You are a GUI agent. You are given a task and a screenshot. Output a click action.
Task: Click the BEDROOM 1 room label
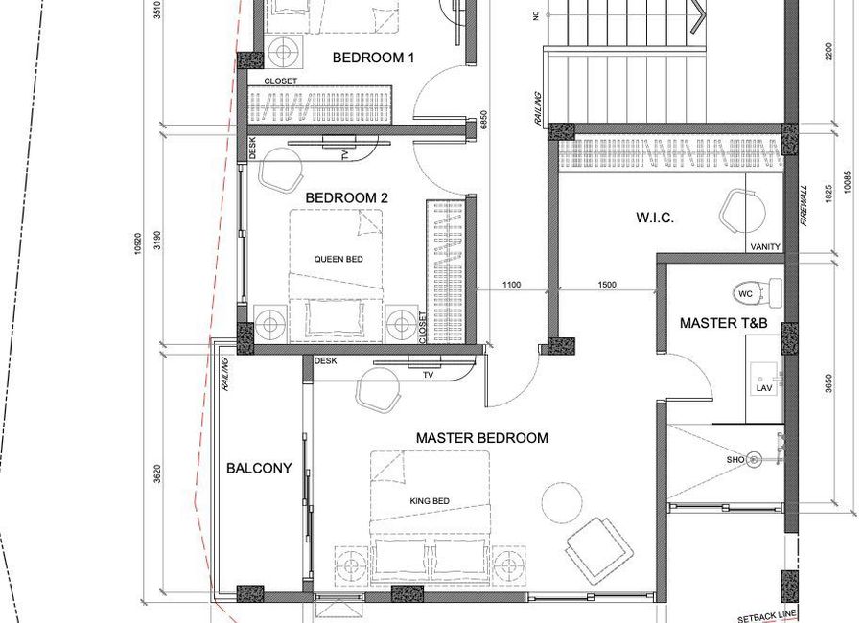coord(373,58)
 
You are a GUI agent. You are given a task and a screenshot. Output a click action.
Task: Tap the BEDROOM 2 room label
coord(347,197)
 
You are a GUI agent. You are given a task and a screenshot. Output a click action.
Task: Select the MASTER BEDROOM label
coord(482,438)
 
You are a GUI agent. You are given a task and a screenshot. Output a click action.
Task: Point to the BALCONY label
coord(259,469)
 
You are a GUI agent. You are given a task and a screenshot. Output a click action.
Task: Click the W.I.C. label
coord(655,218)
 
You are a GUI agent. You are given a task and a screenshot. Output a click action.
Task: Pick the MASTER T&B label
coord(723,323)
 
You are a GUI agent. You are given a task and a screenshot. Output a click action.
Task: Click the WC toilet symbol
coord(758,292)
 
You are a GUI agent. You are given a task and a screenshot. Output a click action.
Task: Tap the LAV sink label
coord(764,388)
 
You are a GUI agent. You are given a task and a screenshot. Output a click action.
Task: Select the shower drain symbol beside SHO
coord(754,459)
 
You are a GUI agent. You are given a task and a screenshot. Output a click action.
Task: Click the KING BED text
coord(430,501)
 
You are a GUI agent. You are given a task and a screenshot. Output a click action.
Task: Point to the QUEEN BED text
coord(338,259)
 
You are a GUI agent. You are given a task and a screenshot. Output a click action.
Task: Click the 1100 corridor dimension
coord(511,285)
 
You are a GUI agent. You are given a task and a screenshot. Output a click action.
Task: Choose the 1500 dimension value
coord(607,285)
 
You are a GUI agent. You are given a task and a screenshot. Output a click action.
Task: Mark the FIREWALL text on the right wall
coord(805,206)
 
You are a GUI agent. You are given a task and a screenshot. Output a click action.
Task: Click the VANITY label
coord(765,247)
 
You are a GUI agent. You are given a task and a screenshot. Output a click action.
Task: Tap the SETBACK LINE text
coord(767,615)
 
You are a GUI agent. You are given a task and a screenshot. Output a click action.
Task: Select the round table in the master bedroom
coord(562,502)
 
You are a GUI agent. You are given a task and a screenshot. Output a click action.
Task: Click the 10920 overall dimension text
coord(137,243)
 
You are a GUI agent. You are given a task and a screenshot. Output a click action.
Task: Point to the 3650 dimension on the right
coord(828,384)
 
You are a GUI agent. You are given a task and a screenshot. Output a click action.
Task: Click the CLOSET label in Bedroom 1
coord(281,81)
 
